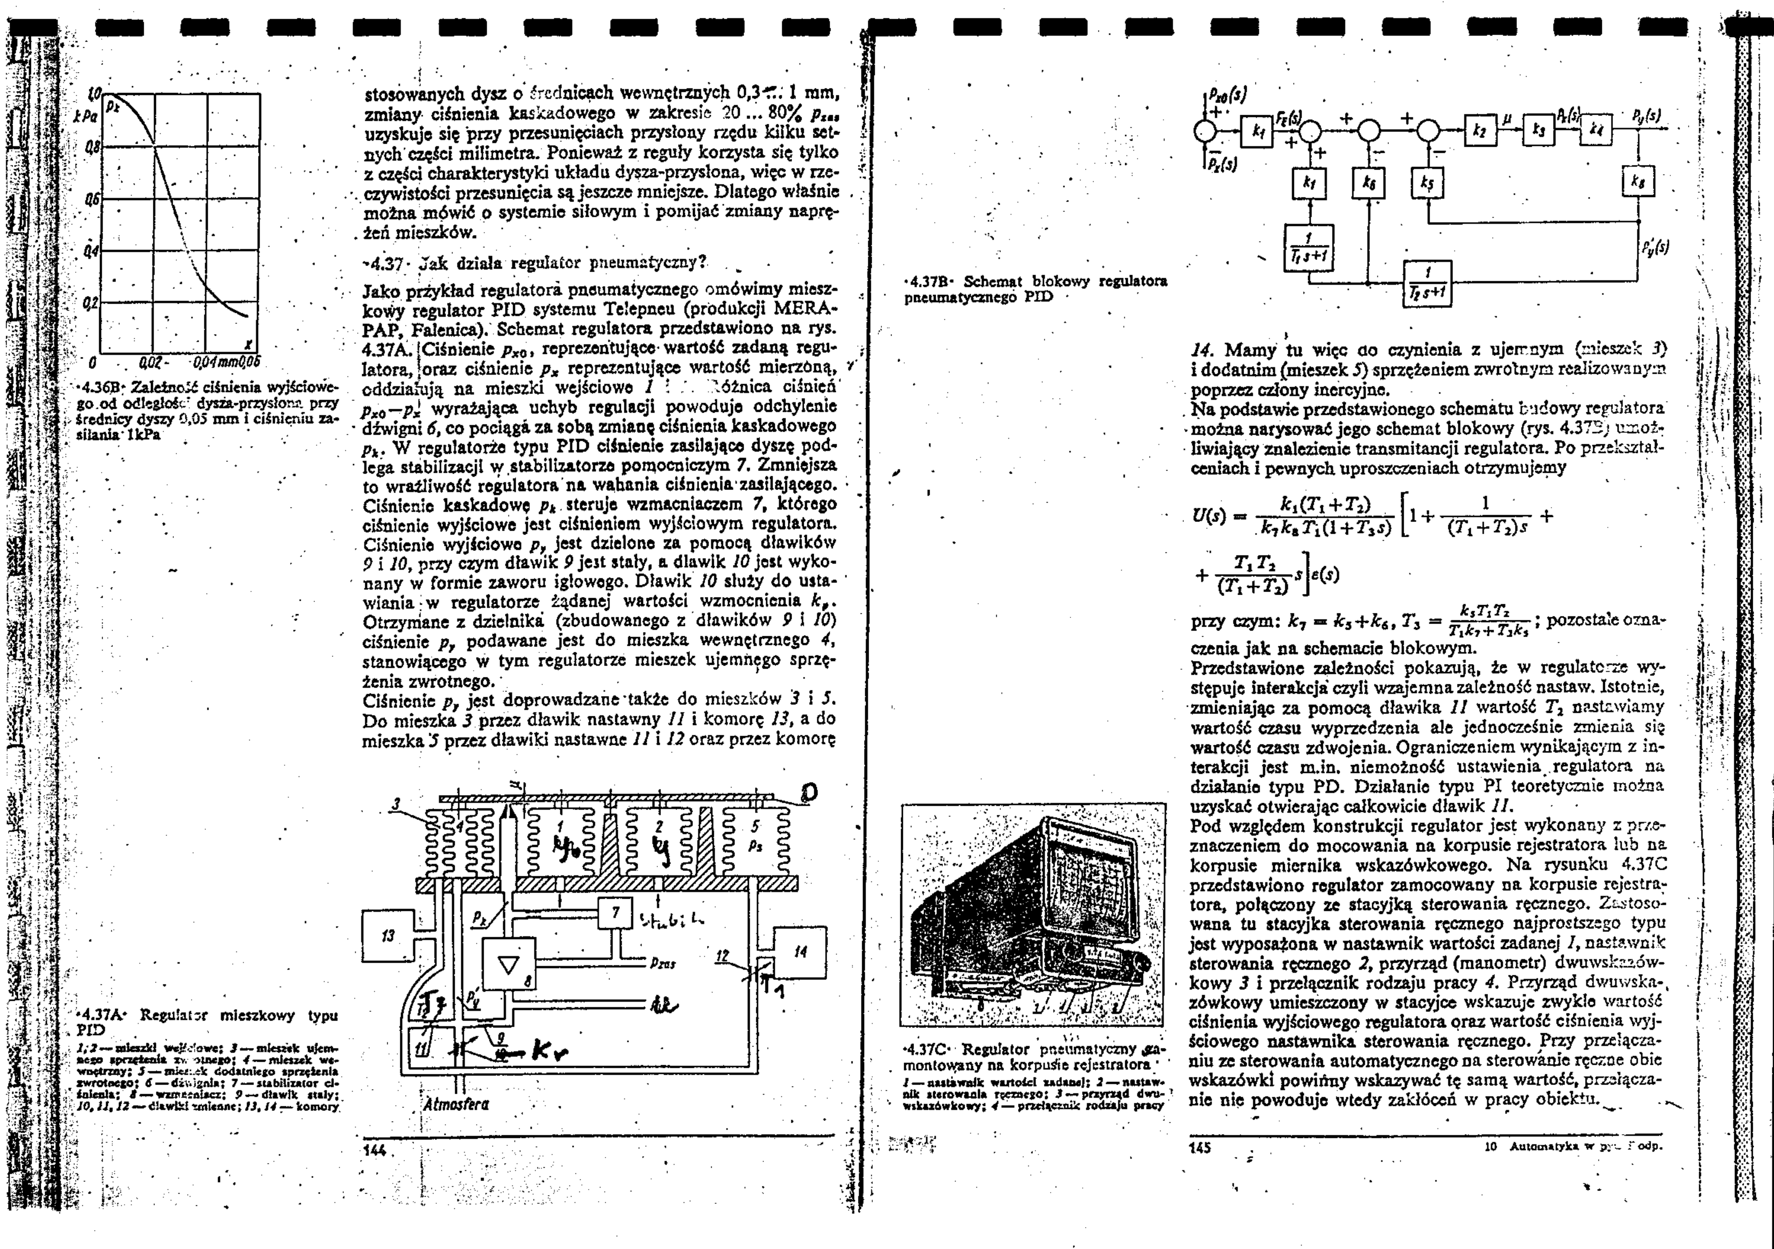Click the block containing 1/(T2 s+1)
tap(1428, 283)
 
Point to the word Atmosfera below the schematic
tap(456, 1104)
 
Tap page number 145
tap(1201, 1148)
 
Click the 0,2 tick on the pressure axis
tap(91, 302)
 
